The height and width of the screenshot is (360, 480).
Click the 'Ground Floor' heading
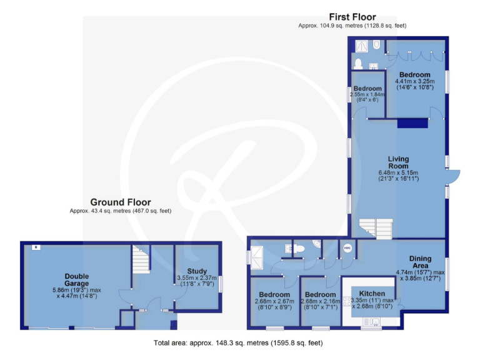point(121,202)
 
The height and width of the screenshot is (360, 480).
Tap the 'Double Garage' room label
point(76,280)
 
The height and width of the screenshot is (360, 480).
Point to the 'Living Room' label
point(397,162)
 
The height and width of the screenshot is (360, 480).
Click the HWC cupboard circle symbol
point(347,248)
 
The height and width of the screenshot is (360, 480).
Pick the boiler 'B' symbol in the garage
point(36,247)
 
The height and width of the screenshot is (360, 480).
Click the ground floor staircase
point(141,256)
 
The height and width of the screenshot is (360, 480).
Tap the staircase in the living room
point(375,227)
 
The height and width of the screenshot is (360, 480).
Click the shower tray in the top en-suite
point(361,46)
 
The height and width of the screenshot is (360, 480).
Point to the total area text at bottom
point(238,343)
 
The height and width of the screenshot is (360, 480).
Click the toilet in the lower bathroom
point(298,249)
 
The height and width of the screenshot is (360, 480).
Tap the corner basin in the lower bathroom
point(317,243)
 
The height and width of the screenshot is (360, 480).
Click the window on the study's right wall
point(221,284)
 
